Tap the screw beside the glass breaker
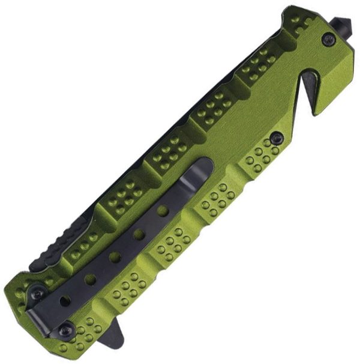pyautogui.click(x=328, y=40)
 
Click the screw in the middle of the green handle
pyautogui.click(x=277, y=138)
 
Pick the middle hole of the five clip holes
pyautogui.click(x=115, y=257)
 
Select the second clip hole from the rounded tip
pyautogui.click(x=139, y=234)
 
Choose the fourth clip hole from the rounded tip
pyautogui.click(x=90, y=279)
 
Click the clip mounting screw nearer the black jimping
pyautogui.click(x=37, y=293)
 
